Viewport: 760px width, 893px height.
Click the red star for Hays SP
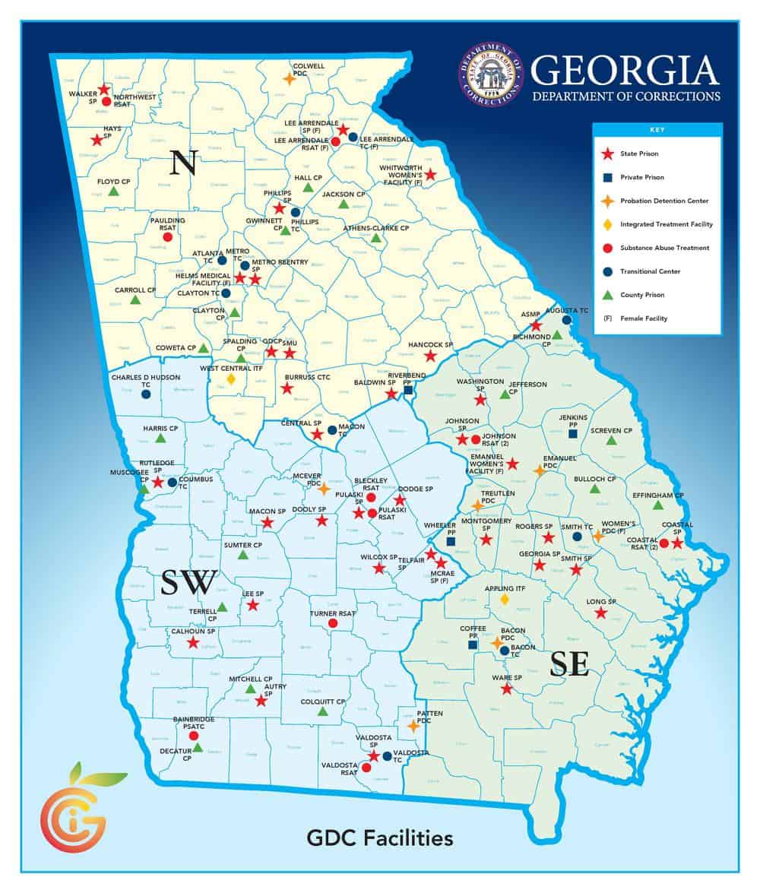(97, 140)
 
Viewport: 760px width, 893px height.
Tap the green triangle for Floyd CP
(113, 192)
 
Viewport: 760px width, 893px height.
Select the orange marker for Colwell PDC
(289, 78)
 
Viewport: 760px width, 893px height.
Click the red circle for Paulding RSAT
(168, 236)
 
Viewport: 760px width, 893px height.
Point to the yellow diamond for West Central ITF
(231, 378)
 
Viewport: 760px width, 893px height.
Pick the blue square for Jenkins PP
(572, 433)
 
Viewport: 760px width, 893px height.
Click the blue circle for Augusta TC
(566, 320)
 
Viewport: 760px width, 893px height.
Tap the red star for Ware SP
(506, 689)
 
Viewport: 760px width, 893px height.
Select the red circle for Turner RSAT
(332, 623)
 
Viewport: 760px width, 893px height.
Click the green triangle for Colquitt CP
(322, 712)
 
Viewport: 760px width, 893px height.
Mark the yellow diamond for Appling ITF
(505, 600)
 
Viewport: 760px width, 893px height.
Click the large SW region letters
(189, 583)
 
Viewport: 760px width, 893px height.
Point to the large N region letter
(183, 162)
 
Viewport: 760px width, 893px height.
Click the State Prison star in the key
(607, 154)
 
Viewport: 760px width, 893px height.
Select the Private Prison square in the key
(607, 177)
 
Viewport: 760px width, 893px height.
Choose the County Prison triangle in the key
(607, 295)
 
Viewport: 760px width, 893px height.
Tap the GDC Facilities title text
(379, 838)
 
